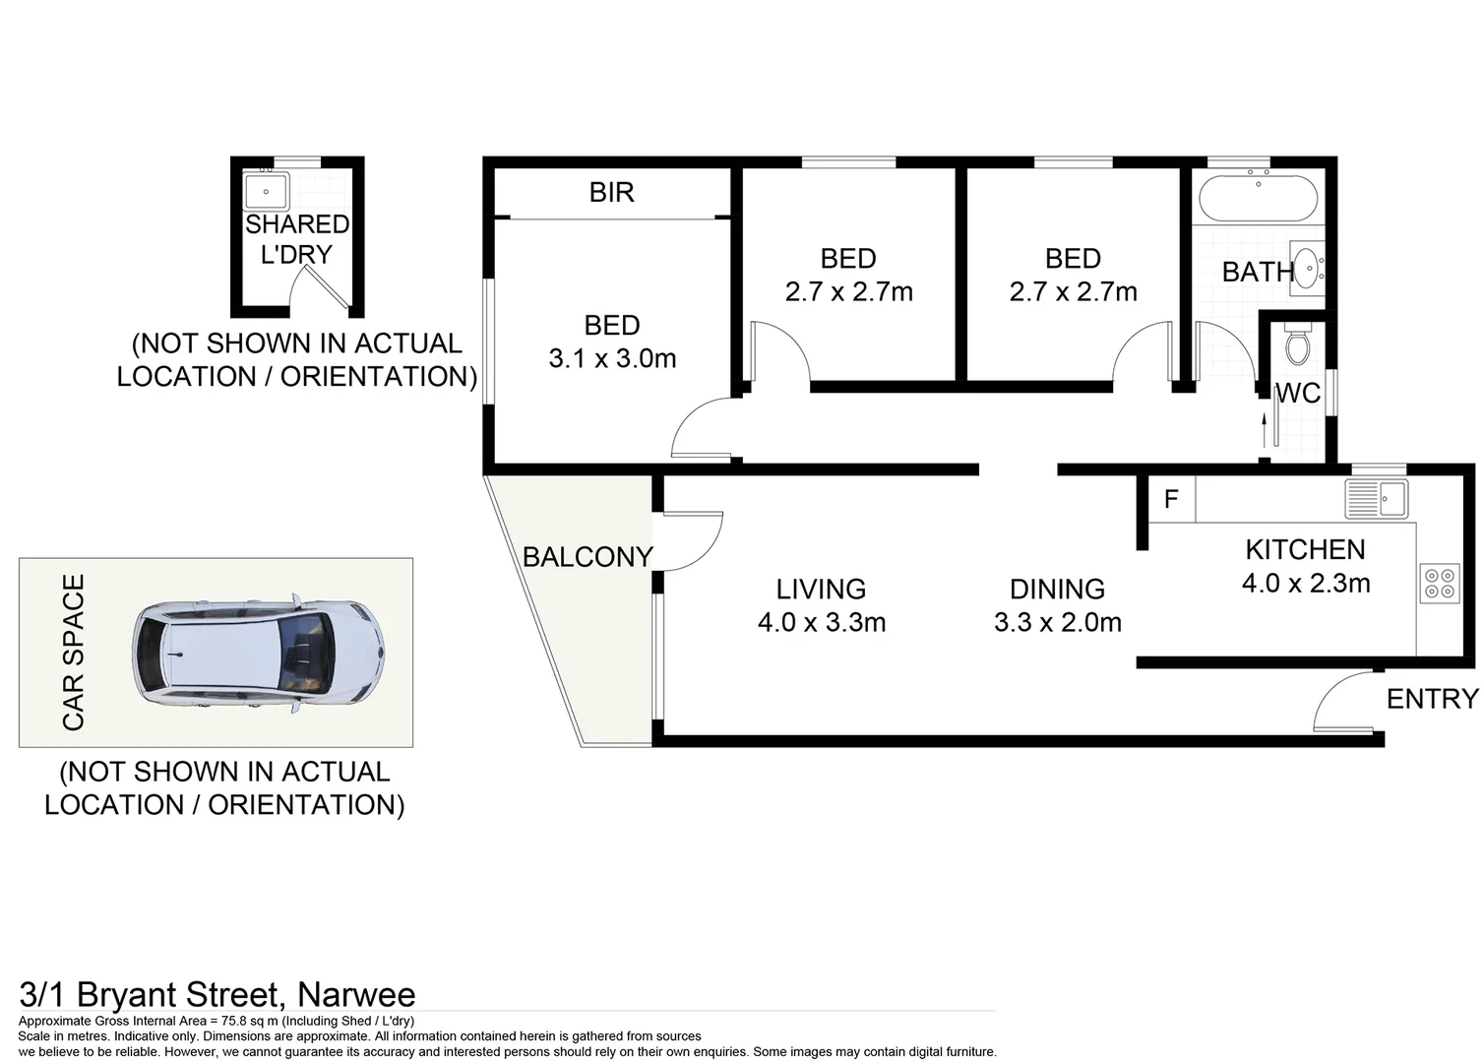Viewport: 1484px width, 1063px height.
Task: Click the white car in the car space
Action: point(259,654)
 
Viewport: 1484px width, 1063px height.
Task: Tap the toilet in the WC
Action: point(1297,343)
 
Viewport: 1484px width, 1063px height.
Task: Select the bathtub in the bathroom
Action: point(1258,198)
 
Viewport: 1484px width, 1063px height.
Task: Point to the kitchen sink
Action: point(1377,498)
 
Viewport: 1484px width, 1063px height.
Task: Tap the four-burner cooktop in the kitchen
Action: point(1440,584)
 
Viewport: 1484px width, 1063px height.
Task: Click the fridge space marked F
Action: point(1171,498)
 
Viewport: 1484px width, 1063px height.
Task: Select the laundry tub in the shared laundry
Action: point(266,191)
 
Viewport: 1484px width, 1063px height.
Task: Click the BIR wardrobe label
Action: point(611,192)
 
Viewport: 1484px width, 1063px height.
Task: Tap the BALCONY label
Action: point(587,557)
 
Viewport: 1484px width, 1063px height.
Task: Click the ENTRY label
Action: point(1432,699)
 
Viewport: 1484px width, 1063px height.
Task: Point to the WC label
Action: point(1299,393)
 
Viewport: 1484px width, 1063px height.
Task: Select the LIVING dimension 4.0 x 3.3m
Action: point(822,622)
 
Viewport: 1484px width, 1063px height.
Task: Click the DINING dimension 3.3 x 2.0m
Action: point(1057,622)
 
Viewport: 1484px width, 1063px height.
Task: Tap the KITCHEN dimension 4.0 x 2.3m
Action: point(1306,584)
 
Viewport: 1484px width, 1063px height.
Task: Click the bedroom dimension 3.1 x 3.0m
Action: point(612,358)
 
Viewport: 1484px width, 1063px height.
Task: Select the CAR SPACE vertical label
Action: point(74,653)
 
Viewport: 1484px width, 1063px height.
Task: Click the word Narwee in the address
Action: point(356,995)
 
